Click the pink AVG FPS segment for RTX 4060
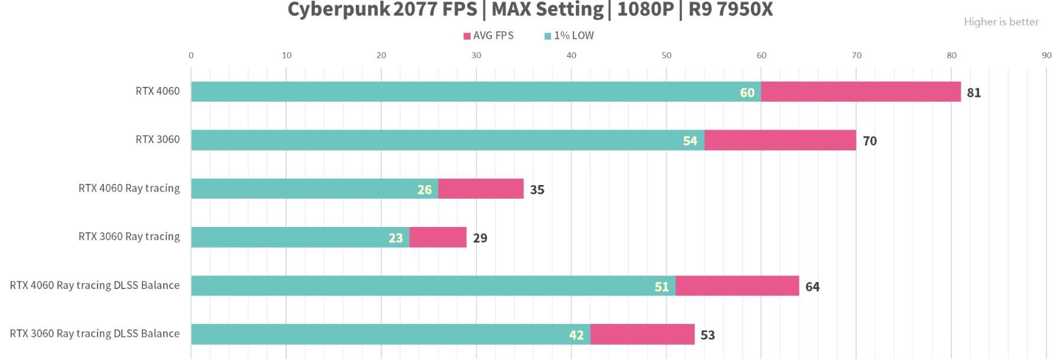(860, 92)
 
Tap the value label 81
(973, 93)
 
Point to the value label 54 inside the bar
(689, 141)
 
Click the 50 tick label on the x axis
(666, 56)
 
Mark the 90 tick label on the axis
(1046, 56)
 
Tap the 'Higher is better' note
(1000, 22)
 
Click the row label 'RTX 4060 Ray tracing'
(129, 188)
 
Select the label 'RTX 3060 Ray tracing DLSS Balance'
(95, 333)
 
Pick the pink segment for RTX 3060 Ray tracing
(438, 237)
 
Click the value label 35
(537, 190)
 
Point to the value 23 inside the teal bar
(396, 238)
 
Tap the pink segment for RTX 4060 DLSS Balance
(737, 286)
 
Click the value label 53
(707, 335)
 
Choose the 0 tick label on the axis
(191, 56)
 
